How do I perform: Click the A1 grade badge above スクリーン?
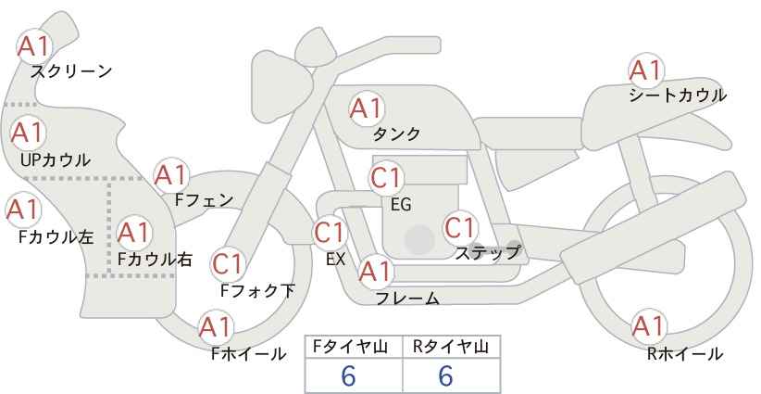(x=34, y=46)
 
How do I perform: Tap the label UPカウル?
(x=56, y=159)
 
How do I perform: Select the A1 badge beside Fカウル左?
(x=23, y=210)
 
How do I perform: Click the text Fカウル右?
(x=155, y=259)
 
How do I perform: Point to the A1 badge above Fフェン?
(x=171, y=175)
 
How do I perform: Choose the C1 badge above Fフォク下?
(x=228, y=264)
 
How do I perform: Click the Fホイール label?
(x=248, y=354)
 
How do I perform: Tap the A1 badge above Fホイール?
(x=216, y=327)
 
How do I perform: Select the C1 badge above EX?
(x=330, y=233)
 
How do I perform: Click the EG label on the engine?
(x=401, y=205)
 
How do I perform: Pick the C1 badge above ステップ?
(x=460, y=227)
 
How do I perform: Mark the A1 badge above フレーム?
(x=376, y=272)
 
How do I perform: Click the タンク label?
(x=396, y=133)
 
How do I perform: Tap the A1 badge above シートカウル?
(x=646, y=70)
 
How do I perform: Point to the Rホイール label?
(x=685, y=354)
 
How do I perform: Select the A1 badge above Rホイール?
(x=649, y=326)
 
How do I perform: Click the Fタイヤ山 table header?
(x=350, y=347)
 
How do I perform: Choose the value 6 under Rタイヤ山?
(x=445, y=375)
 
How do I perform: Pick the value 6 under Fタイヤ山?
(x=348, y=375)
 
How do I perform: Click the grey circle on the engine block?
(x=419, y=239)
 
